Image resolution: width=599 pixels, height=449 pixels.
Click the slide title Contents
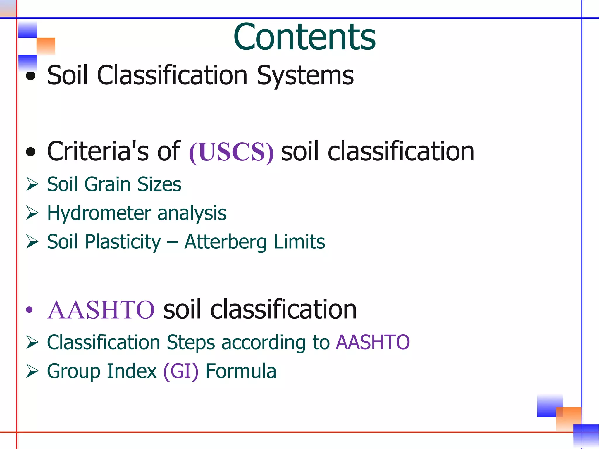coord(304,37)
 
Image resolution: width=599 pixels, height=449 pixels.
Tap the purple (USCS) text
coord(231,152)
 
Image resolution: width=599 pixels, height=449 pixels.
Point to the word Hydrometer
coord(100,213)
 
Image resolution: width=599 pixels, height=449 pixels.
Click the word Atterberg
coord(225,242)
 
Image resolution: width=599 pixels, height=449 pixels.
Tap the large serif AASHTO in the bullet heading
coord(101,310)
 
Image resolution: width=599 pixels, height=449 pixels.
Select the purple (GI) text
coord(181,371)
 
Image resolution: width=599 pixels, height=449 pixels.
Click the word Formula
coord(241,371)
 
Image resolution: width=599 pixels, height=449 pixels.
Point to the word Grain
coord(107,184)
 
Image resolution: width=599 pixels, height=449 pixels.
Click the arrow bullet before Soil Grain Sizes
coord(32,184)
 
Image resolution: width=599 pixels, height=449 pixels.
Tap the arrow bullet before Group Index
coord(32,371)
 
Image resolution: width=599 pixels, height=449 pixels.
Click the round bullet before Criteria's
coord(30,152)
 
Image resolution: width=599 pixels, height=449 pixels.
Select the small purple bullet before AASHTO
coord(29,310)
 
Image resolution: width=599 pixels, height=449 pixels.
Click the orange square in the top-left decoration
coord(46,46)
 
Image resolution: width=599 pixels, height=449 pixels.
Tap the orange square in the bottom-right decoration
coord(568,418)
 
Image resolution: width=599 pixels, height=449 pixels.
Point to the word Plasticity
coord(123,242)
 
